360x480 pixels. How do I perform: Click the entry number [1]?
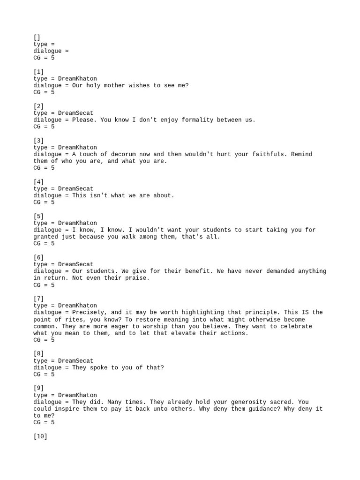pos(38,72)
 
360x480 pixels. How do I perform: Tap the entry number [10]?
pos(40,436)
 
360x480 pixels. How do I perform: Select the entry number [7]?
pos(38,299)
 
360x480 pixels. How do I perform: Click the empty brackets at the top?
pos(37,37)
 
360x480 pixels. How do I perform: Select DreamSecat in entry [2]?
pos(75,113)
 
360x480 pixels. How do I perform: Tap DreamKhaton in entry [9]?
pos(77,395)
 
